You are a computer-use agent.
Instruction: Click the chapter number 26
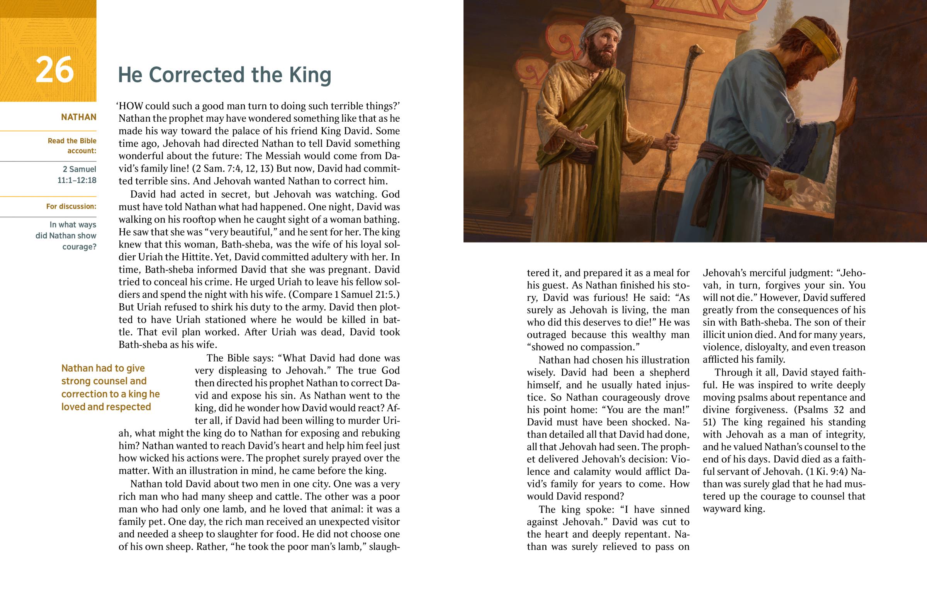click(54, 70)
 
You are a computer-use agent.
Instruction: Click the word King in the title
click(310, 75)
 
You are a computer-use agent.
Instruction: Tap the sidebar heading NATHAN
click(78, 117)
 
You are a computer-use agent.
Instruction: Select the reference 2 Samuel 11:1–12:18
click(77, 175)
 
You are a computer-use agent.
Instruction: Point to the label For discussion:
click(71, 206)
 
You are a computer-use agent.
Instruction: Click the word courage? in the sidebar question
click(79, 246)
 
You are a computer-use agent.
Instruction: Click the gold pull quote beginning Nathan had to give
click(110, 387)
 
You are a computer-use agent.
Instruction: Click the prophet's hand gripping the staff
click(672, 141)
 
